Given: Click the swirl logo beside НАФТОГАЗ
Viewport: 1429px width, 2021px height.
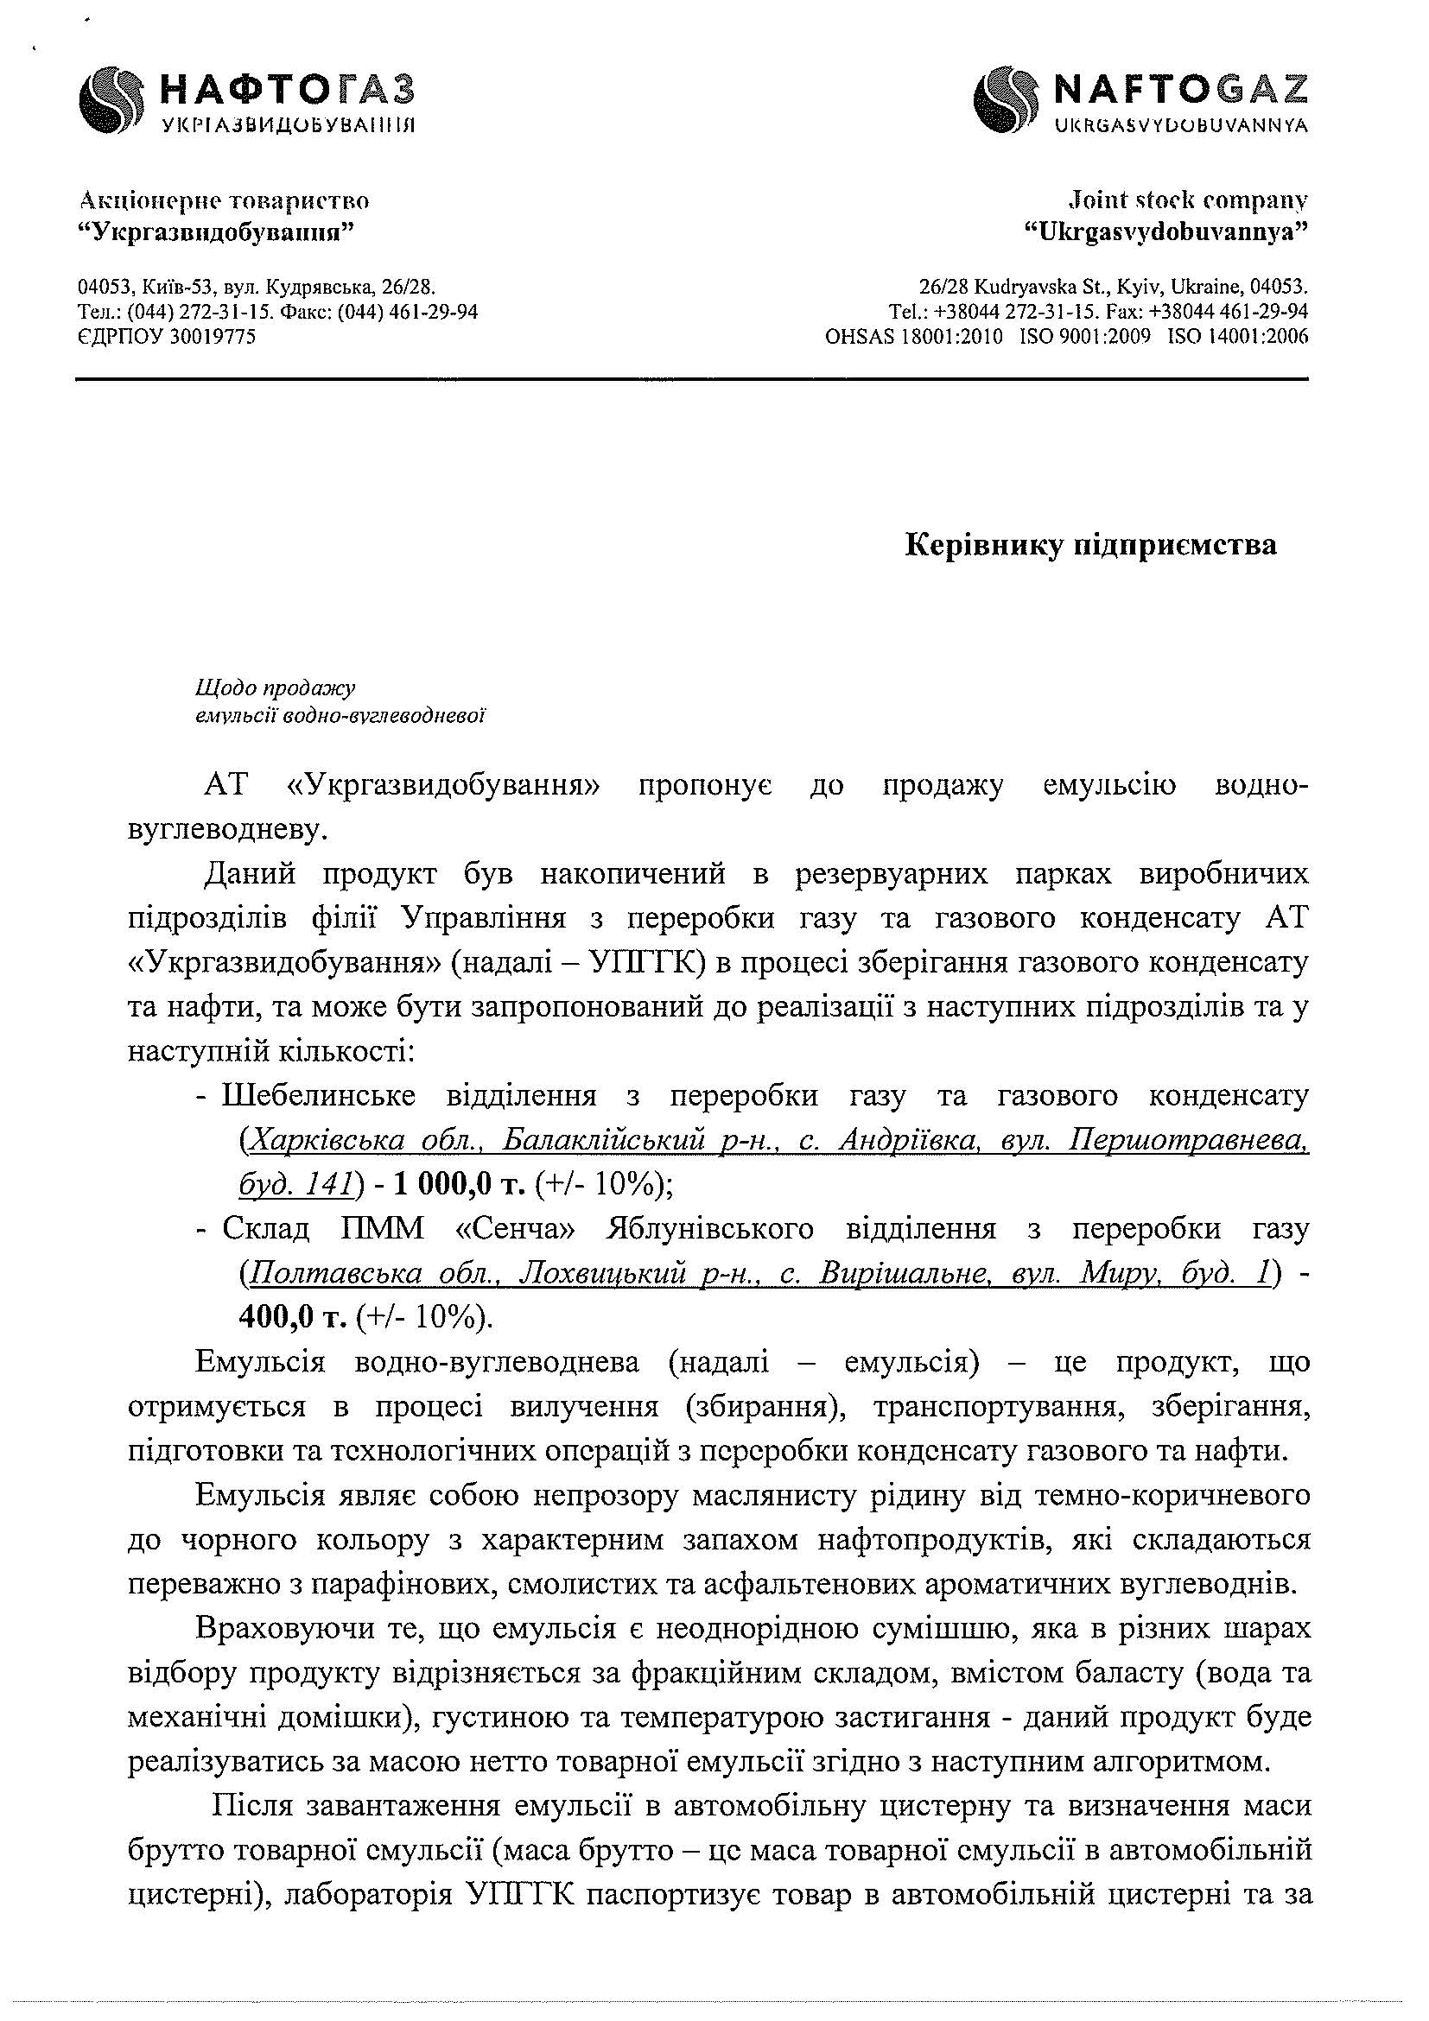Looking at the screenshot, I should point(109,100).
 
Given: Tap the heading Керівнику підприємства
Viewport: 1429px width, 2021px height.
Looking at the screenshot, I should point(1091,546).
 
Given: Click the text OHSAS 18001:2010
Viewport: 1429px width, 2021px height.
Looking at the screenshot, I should point(913,336).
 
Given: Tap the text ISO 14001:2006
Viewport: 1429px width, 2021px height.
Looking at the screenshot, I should point(1237,336).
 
